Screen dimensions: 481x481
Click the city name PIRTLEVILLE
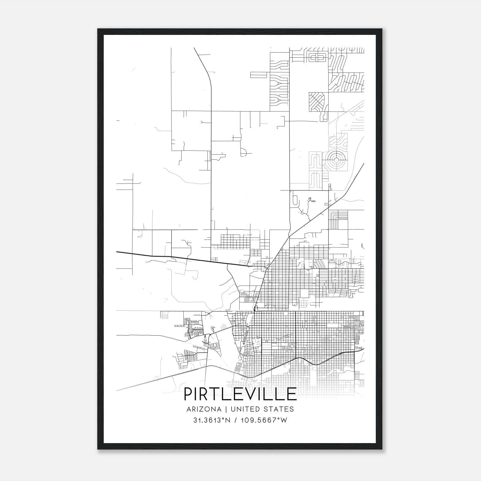(x=240, y=394)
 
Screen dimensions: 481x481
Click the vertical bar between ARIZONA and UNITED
(x=225, y=409)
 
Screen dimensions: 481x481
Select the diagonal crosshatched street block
(x=317, y=101)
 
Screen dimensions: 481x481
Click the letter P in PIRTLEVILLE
(x=188, y=394)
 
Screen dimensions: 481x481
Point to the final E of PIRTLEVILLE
(x=292, y=394)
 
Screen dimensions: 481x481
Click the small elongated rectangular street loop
(x=259, y=75)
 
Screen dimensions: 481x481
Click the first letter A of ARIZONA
(x=189, y=409)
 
